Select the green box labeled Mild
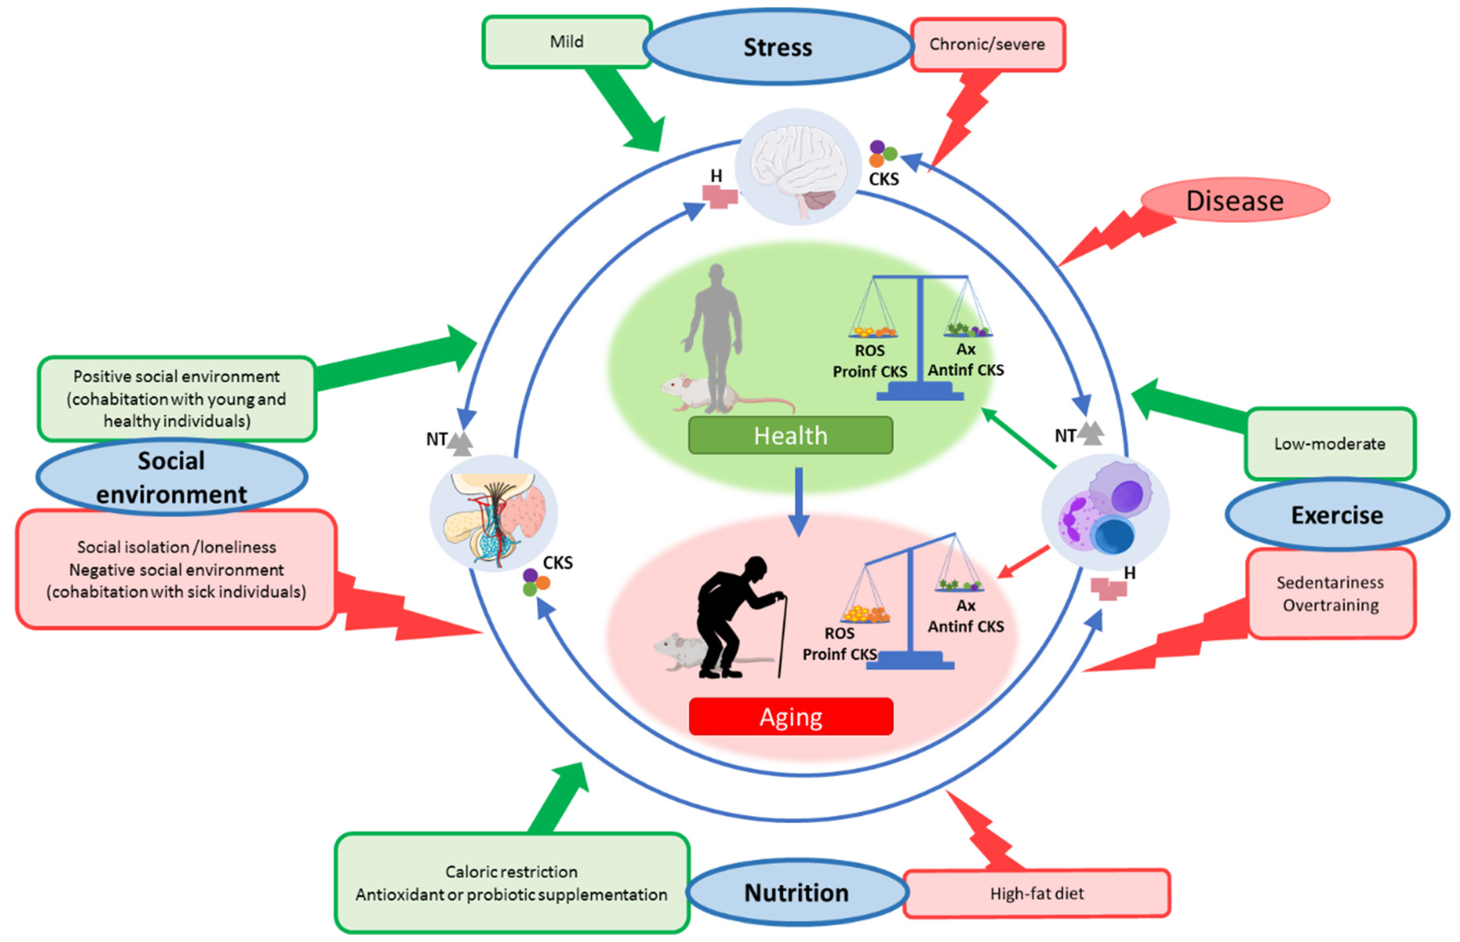coord(567,42)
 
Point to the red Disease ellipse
coord(1234,200)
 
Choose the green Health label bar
coord(790,436)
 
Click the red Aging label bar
coord(790,716)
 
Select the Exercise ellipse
coord(1337,514)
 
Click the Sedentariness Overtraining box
coord(1330,593)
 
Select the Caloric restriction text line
coord(511,871)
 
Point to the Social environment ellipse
coord(171,477)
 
